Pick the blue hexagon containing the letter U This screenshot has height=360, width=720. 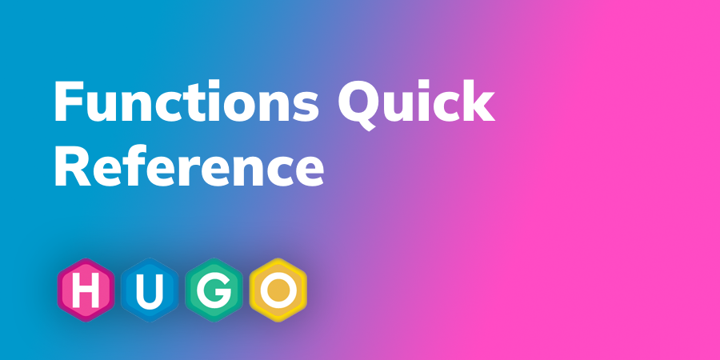tap(148, 290)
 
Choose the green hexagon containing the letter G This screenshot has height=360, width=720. tap(212, 290)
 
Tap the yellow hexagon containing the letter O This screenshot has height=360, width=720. tap(277, 290)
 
